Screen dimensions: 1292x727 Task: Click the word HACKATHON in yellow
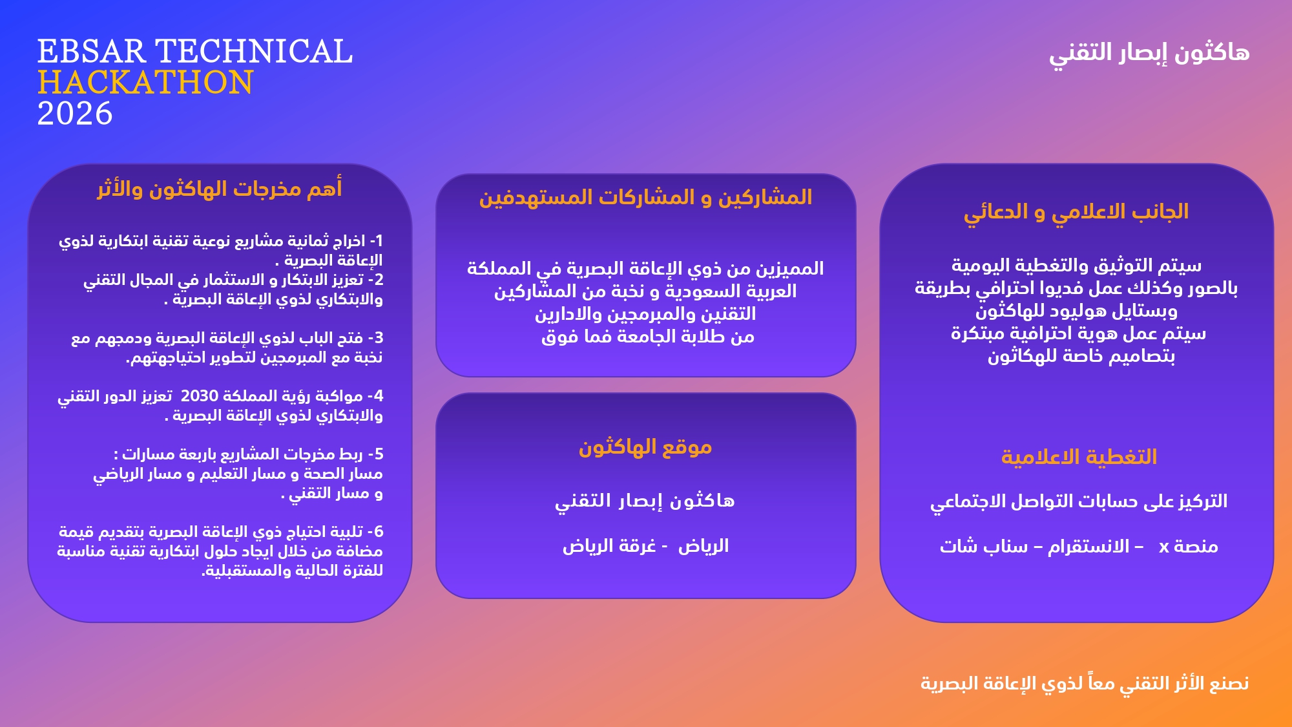coord(145,83)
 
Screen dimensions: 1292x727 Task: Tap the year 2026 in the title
coord(75,114)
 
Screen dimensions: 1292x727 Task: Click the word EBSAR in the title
coord(92,52)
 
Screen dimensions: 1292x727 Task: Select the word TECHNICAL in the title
coord(255,52)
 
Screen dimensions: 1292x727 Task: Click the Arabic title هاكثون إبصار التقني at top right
coord(1149,53)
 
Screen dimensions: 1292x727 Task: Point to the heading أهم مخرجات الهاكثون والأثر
coord(220,189)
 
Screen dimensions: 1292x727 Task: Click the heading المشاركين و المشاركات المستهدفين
coord(645,197)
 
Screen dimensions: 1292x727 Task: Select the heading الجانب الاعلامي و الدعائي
coord(1076,212)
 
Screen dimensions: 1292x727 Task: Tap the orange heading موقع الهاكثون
coord(645,447)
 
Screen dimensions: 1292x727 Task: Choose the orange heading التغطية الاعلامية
coord(1079,457)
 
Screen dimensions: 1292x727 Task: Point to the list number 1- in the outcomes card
coord(376,241)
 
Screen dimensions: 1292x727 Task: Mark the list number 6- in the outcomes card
coord(375,532)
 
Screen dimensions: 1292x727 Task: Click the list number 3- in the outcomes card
coord(375,338)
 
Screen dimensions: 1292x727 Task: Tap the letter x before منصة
coord(1164,547)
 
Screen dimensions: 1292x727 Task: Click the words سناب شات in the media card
coord(984,547)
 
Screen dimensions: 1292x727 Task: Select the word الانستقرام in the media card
coord(1089,547)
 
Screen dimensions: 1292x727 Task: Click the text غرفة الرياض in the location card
coord(609,546)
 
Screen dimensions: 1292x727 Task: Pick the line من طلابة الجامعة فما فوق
coord(648,337)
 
